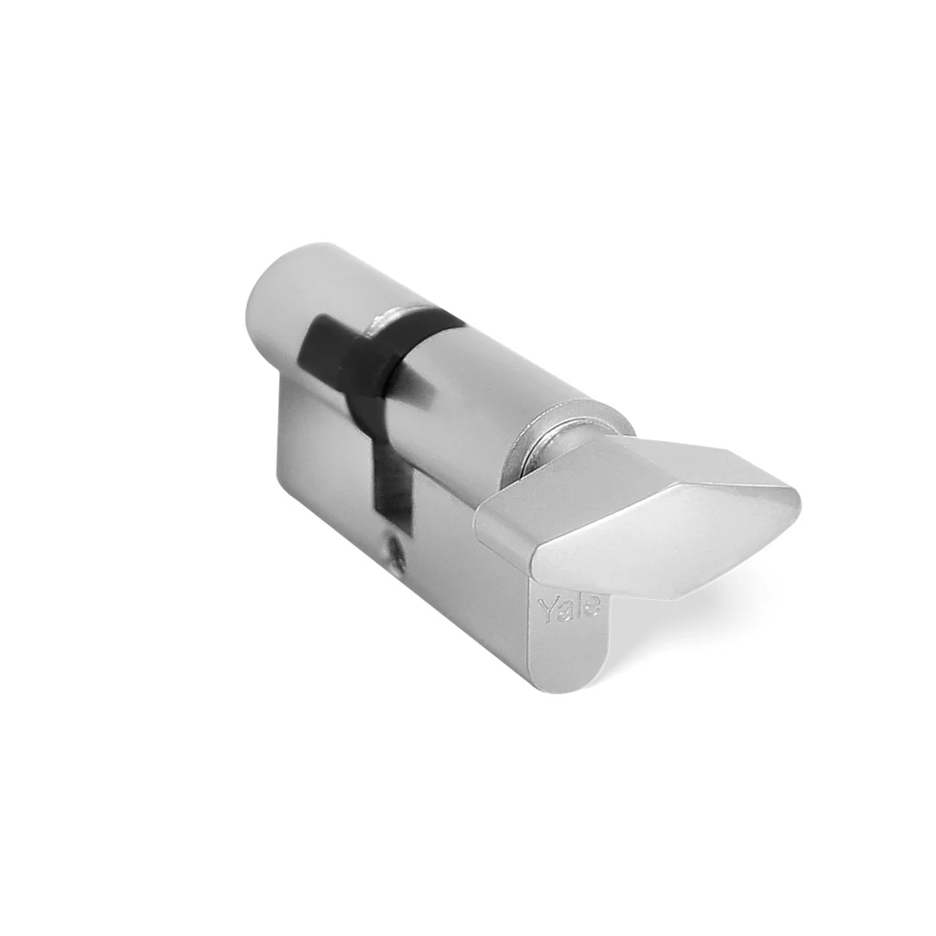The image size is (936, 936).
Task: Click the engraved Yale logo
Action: [569, 608]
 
